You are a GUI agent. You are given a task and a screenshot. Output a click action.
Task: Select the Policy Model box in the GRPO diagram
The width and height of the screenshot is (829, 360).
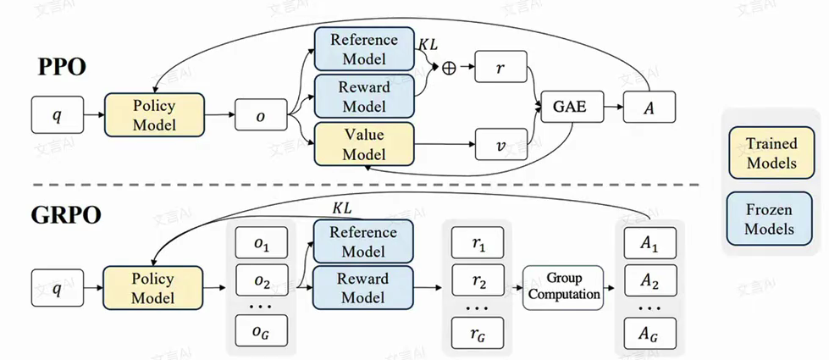[154, 287]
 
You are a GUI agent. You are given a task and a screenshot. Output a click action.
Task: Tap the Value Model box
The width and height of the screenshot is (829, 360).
[364, 144]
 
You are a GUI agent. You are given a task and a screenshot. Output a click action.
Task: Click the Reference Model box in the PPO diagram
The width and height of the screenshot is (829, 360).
[364, 49]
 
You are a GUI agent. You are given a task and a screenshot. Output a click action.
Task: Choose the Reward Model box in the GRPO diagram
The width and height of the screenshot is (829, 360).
[364, 287]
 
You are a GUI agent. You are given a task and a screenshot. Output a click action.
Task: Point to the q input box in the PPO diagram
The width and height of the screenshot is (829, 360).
[58, 114]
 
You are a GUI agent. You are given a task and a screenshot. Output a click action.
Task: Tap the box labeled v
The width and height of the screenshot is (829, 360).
[501, 145]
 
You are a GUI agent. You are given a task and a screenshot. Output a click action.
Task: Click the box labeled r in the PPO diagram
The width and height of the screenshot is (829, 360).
[501, 67]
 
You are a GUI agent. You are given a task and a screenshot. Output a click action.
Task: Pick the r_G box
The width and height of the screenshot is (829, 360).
[478, 330]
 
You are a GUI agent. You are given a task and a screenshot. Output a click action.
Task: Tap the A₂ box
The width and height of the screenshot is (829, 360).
[649, 280]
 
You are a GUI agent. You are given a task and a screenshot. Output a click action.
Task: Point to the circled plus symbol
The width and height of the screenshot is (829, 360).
[449, 68]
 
